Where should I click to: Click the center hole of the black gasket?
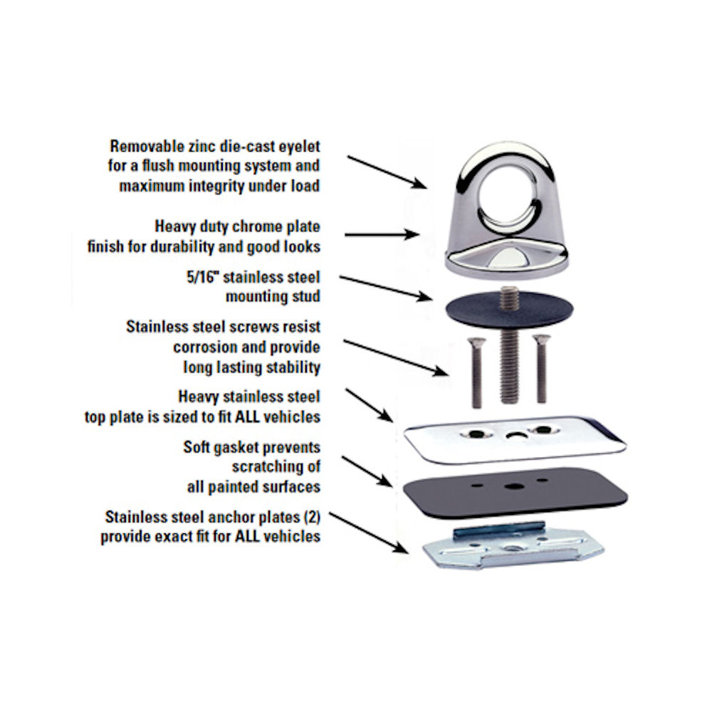point(512,487)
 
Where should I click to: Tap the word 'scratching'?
point(276,467)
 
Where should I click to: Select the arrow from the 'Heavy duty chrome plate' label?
point(381,234)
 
